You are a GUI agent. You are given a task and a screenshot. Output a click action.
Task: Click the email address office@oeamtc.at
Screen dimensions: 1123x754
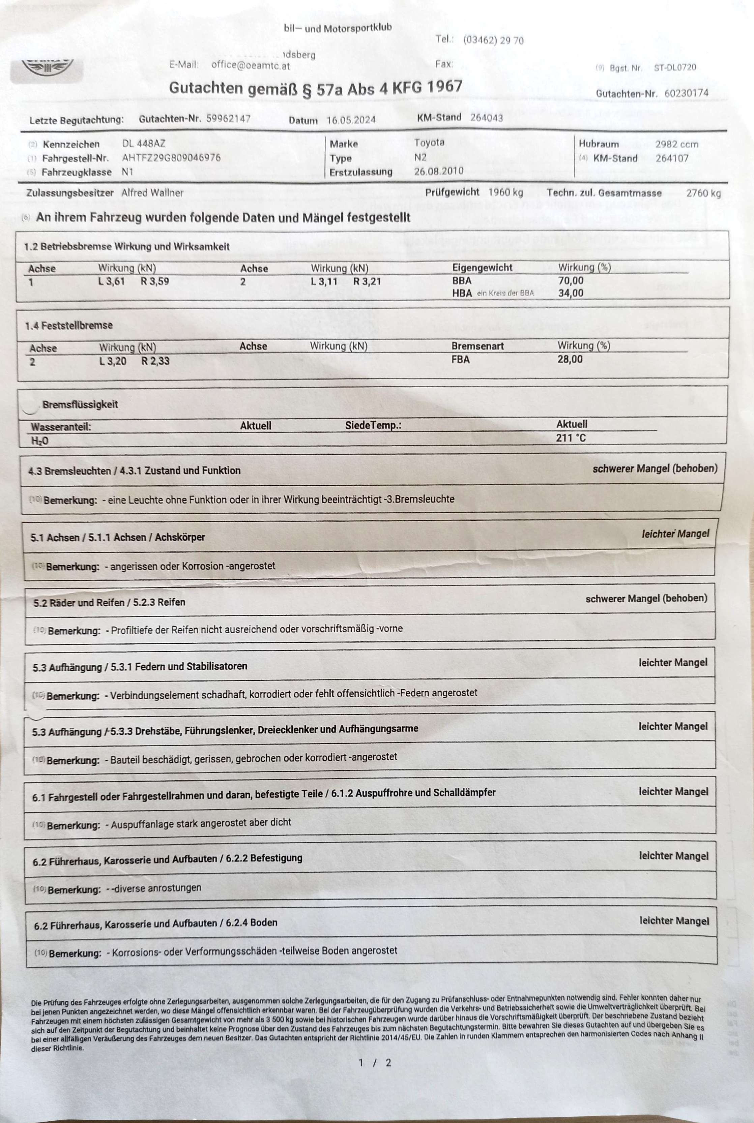(251, 65)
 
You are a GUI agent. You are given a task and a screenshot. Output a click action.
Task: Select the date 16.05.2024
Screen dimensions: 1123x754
(351, 120)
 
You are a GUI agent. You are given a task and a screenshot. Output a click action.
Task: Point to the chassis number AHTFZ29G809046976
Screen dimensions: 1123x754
(171, 158)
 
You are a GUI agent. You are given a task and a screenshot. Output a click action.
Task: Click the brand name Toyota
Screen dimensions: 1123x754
(429, 142)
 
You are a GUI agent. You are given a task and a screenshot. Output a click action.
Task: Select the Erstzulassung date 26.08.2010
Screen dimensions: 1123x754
(439, 171)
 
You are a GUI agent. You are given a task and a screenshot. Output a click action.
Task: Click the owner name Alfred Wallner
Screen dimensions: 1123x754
(152, 193)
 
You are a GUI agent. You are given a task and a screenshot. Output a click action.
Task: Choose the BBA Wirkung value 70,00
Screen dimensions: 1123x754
(571, 281)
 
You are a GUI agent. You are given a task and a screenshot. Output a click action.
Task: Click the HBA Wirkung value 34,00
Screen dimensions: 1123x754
(571, 293)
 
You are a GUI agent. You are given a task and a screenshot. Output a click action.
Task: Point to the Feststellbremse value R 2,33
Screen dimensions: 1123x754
(155, 361)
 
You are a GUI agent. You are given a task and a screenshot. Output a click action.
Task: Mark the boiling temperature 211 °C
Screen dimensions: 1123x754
(571, 438)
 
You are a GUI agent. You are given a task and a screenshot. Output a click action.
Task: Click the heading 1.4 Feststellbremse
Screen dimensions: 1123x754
(69, 325)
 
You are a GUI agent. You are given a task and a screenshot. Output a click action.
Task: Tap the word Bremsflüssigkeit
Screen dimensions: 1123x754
(80, 404)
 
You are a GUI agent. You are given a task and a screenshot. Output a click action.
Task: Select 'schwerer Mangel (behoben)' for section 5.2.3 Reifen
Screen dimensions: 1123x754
(646, 599)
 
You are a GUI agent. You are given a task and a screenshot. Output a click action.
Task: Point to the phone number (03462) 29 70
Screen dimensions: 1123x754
(493, 40)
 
